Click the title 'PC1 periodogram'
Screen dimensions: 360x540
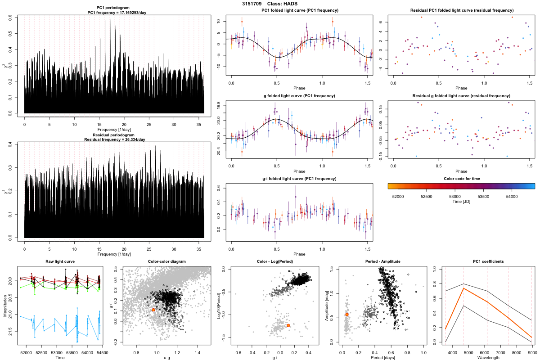[114, 9]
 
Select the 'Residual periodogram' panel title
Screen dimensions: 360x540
[114, 135]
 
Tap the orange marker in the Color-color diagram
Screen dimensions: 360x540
[153, 310]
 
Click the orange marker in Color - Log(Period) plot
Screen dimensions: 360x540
[288, 325]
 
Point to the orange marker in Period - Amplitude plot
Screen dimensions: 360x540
[347, 315]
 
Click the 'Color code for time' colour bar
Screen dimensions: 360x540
[461, 185]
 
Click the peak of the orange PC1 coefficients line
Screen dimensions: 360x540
[463, 288]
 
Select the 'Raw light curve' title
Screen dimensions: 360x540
[60, 261]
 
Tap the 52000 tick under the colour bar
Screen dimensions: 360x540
[398, 196]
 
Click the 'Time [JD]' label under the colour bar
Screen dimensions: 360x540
[461, 202]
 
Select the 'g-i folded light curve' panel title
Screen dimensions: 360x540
[299, 179]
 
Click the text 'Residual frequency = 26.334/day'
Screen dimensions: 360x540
[114, 139]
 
